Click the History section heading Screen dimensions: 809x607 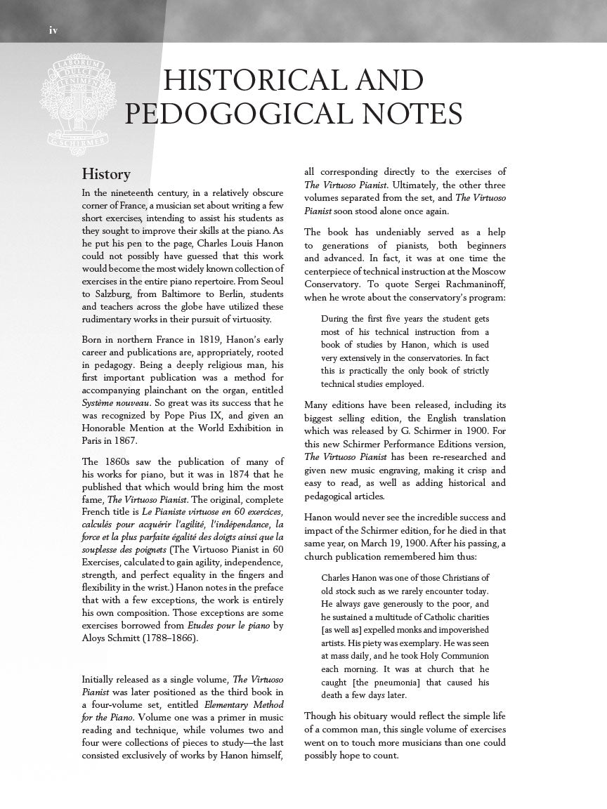(x=106, y=173)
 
